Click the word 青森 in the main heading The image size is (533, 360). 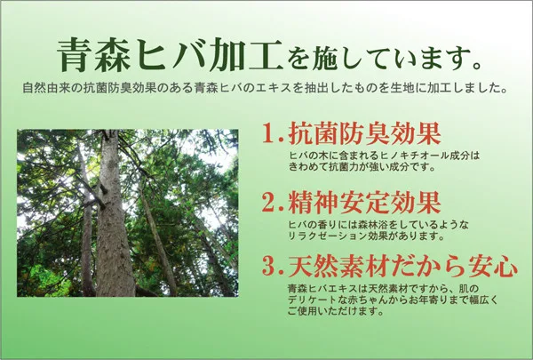(x=94, y=55)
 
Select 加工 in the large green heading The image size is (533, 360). (x=246, y=55)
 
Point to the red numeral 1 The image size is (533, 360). (x=269, y=133)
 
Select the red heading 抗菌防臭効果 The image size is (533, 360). (x=365, y=133)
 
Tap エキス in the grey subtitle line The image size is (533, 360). (x=278, y=89)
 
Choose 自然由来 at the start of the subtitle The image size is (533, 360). (x=43, y=89)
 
